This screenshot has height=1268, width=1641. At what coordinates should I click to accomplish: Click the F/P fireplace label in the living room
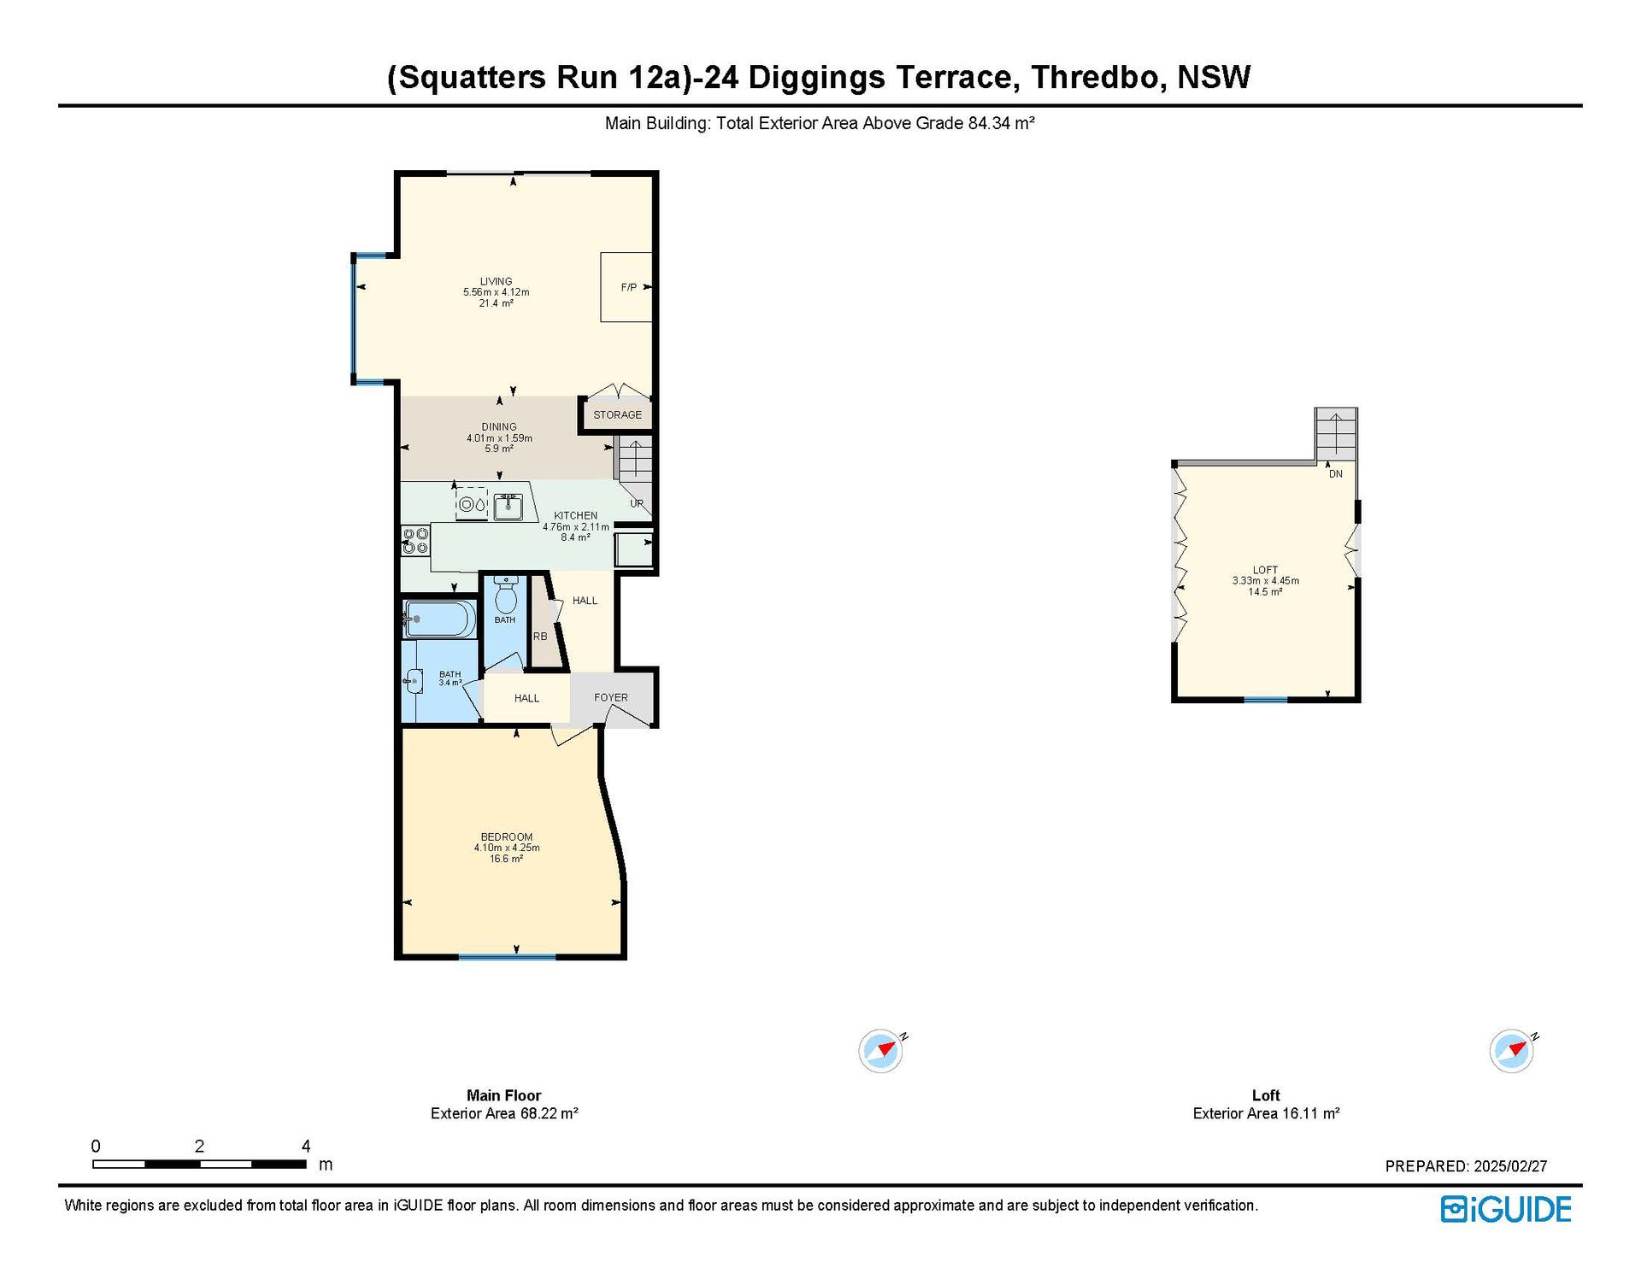coord(628,287)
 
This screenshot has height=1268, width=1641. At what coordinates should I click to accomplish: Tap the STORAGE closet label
coord(617,414)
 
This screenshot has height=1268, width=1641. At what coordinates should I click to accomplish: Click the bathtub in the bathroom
coord(439,619)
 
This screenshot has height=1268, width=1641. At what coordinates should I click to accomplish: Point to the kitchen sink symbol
coord(509,506)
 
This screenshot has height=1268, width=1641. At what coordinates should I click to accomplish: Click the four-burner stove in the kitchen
coord(415,541)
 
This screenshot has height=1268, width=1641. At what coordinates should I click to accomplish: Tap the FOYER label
coord(611,697)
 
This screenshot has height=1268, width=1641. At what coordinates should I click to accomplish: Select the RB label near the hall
coord(540,636)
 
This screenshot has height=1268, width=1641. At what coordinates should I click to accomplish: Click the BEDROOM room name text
coord(507,837)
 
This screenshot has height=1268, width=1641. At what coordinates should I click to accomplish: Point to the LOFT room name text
coord(1266,570)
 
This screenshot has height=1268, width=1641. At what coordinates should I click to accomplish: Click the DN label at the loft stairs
coord(1336,473)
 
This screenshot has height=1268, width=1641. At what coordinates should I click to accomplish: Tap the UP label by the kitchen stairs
coord(637,503)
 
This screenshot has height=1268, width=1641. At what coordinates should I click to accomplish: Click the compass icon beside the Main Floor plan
coord(881,1051)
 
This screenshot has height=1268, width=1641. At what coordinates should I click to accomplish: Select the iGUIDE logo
coord(1506,1209)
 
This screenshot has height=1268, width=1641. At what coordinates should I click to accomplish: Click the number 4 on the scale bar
coord(306,1146)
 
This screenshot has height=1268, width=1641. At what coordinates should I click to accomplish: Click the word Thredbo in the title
coord(1097,77)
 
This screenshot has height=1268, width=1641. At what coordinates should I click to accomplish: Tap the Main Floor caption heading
coord(504,1095)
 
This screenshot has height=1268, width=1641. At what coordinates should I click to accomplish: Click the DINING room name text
coord(499,426)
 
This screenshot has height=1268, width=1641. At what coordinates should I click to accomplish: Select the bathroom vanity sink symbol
coord(415,681)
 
